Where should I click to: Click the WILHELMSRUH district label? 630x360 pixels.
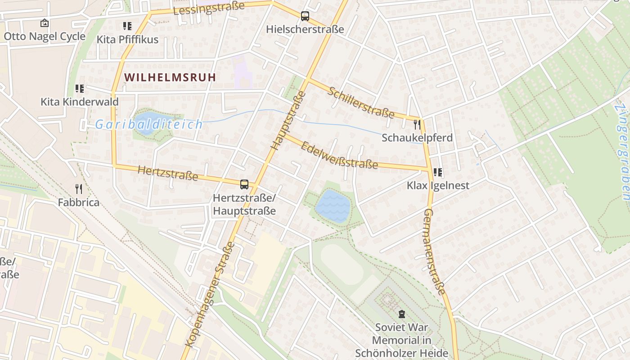point(170,77)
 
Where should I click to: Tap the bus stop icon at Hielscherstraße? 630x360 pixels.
point(305,17)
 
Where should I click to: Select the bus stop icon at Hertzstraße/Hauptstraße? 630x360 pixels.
point(244,184)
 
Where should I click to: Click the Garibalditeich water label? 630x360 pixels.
point(149,124)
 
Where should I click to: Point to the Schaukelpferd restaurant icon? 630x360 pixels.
point(417,124)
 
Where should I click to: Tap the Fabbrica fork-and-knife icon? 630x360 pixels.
point(79,189)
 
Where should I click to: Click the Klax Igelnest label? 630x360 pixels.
point(437,185)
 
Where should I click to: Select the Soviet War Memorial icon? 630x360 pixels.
point(401,314)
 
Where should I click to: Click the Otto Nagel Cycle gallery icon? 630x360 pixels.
point(45,23)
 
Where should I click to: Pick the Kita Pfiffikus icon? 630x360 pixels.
point(127,26)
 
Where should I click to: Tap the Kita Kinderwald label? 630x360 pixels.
point(80,102)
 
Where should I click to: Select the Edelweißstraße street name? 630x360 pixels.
point(339,155)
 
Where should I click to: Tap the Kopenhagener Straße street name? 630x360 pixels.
point(210,295)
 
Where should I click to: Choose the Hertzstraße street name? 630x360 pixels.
point(168,173)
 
